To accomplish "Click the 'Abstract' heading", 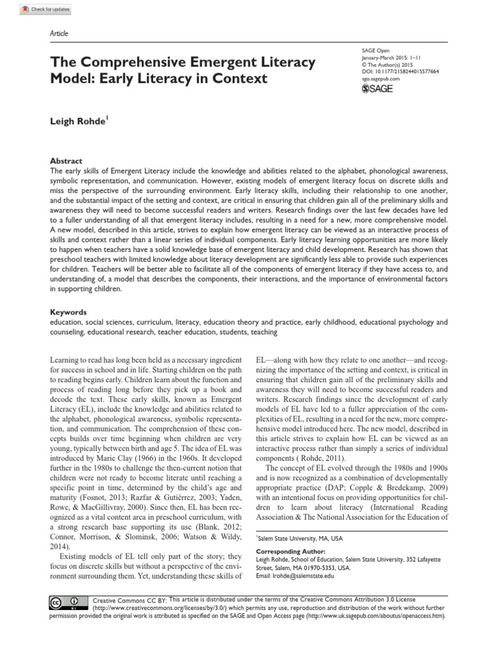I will coord(65,144).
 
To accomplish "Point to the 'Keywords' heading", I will coord(68,313).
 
